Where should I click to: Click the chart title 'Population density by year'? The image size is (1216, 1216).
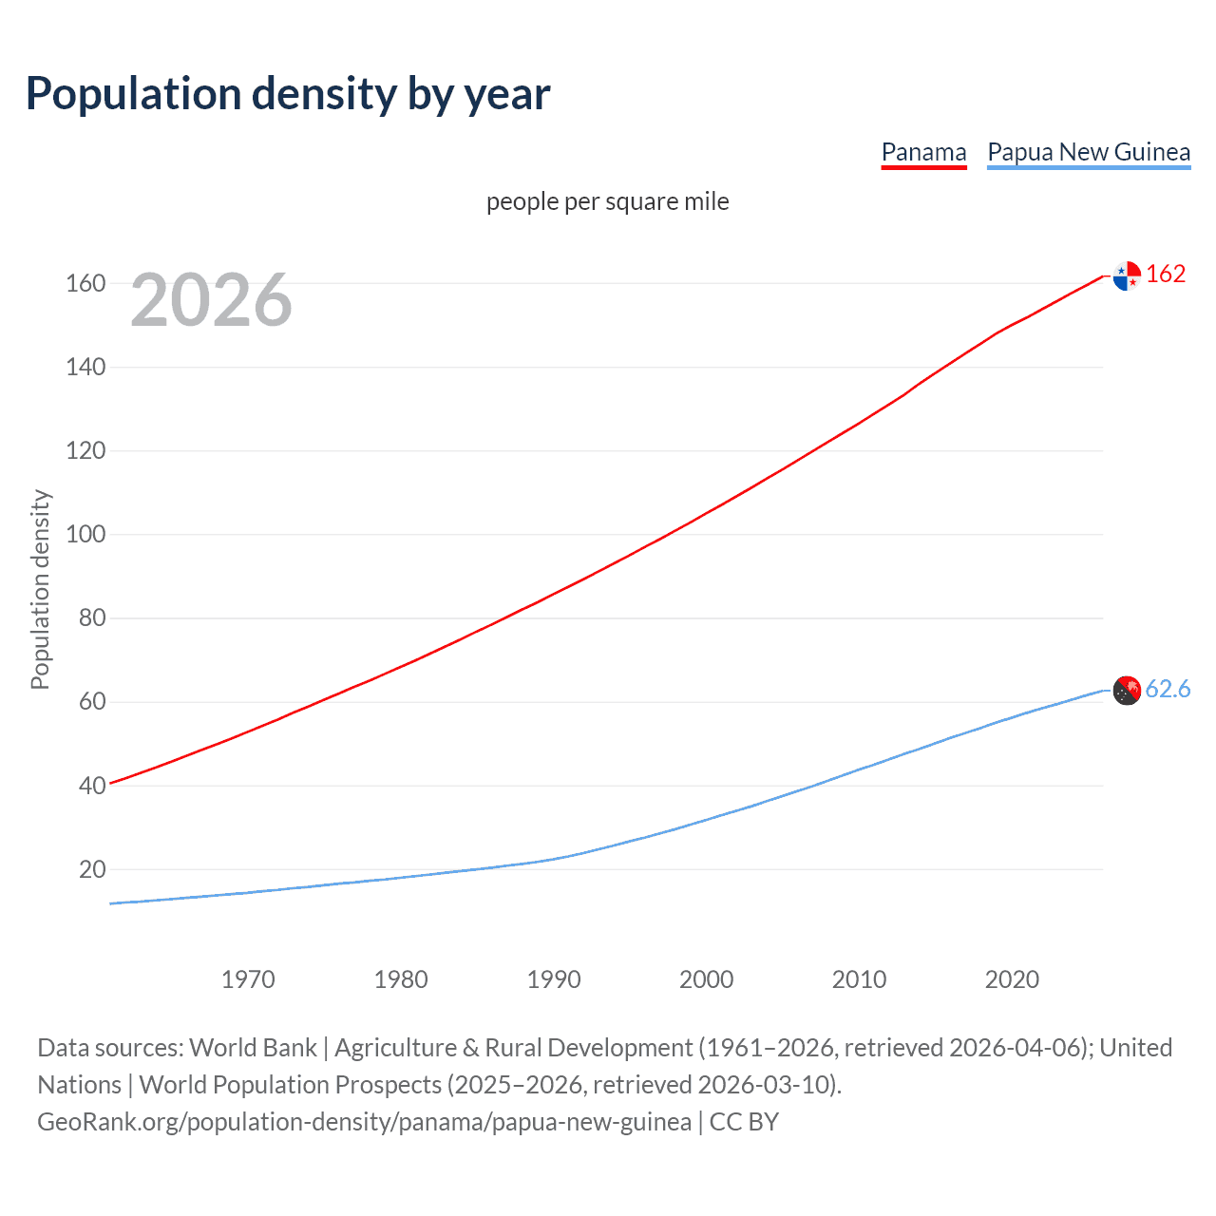[x=288, y=94]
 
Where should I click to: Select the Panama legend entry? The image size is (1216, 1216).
[x=923, y=152]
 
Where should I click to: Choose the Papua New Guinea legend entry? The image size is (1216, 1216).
[x=1089, y=152]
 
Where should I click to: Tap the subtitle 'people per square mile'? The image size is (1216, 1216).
[x=607, y=201]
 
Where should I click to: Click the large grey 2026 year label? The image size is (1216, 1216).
[x=211, y=300]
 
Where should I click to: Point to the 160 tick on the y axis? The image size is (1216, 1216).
[x=85, y=283]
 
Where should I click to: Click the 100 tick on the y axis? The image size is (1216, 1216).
[x=85, y=534]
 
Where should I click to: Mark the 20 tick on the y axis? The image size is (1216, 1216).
[x=92, y=869]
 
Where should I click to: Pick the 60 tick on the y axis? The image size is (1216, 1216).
[x=92, y=702]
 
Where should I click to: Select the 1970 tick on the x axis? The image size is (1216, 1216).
[x=248, y=979]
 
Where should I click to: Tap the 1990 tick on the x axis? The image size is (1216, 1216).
[x=554, y=979]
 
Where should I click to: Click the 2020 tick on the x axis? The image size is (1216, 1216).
[x=1012, y=979]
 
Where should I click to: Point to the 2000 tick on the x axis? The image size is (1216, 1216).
[x=707, y=979]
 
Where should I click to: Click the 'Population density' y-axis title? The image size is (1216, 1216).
[x=40, y=589]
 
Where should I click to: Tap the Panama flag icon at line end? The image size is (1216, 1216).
[x=1127, y=275]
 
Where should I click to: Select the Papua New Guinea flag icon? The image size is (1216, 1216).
[x=1127, y=691]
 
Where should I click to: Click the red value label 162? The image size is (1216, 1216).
[x=1166, y=274]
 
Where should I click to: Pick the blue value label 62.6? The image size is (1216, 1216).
[x=1168, y=689]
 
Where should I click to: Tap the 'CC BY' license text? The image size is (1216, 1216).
[x=744, y=1122]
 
